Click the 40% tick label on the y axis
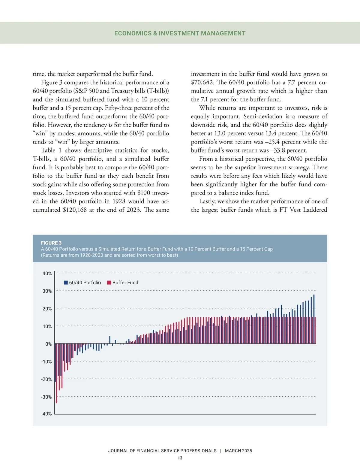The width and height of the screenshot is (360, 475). click(47, 274)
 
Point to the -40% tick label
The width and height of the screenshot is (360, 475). click(46, 414)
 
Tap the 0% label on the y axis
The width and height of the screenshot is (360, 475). click(48, 344)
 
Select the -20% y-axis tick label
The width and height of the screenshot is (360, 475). click(46, 379)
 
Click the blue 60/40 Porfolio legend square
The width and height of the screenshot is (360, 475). click(66, 283)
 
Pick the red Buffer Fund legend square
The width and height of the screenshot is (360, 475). click(109, 283)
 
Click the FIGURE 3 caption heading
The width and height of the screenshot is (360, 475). click(51, 243)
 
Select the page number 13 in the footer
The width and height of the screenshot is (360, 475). click(180, 458)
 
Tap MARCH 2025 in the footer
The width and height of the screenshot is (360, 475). click(238, 451)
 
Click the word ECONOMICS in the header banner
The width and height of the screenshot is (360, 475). click(133, 33)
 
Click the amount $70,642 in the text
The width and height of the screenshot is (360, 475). click(202, 82)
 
